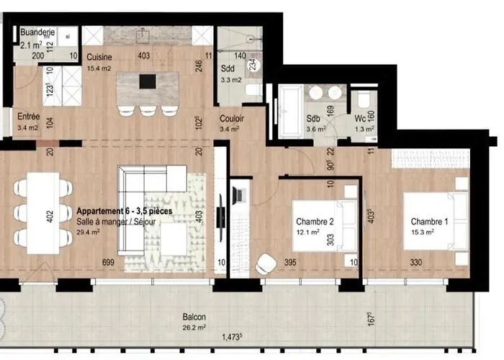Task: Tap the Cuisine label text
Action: click(x=99, y=57)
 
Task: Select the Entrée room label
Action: click(x=29, y=114)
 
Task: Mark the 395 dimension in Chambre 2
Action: click(x=291, y=262)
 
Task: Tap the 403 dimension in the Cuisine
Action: click(x=145, y=56)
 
